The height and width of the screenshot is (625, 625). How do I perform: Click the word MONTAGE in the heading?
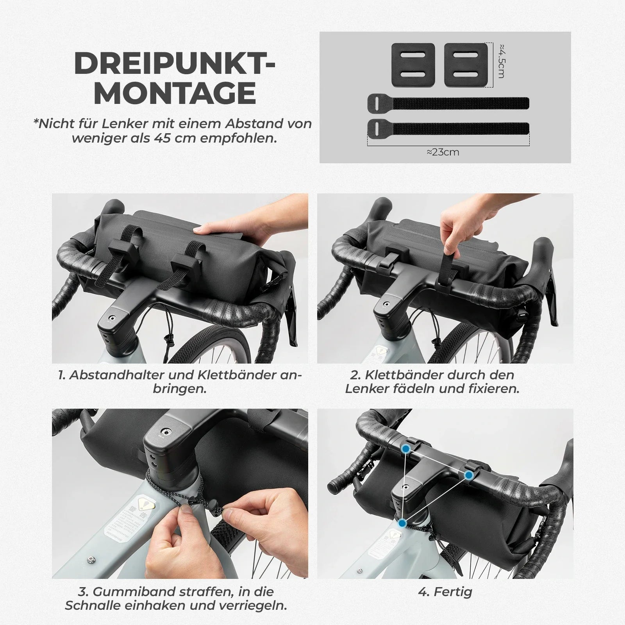(x=175, y=93)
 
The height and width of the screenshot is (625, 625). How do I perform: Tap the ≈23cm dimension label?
(x=443, y=152)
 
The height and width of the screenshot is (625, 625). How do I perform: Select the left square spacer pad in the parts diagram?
(x=413, y=65)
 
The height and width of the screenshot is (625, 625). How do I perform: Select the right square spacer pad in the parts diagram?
(x=466, y=65)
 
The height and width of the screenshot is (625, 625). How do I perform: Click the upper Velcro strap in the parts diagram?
(x=448, y=103)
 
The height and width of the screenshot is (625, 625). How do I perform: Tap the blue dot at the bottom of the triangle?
(x=402, y=523)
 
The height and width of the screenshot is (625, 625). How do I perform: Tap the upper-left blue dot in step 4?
(x=406, y=449)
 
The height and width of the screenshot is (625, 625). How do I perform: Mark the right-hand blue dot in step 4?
(x=469, y=475)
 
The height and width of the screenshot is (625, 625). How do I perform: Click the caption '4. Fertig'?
(x=445, y=592)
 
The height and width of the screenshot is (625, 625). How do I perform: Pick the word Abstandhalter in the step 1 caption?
(x=118, y=375)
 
